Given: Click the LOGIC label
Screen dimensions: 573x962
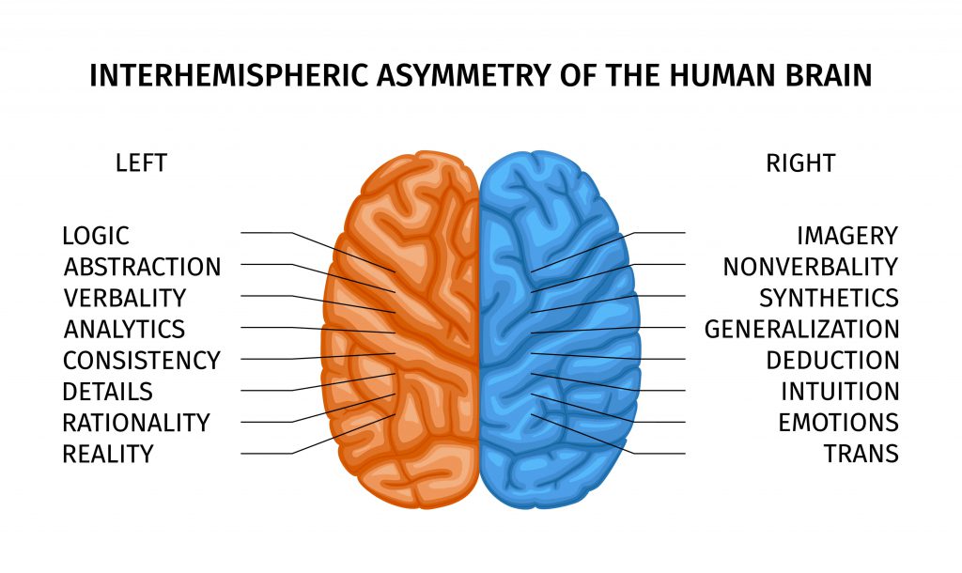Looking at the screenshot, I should pos(96,236).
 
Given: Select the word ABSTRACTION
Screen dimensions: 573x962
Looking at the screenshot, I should pos(142,267).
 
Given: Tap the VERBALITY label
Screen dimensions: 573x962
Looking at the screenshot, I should pos(125,299).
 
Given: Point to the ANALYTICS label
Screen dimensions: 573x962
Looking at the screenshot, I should pos(124,330).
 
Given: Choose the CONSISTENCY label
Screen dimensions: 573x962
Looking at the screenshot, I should pos(141,361).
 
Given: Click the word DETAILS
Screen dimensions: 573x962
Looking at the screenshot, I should pos(107,392).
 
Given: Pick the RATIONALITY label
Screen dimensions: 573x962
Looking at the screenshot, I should pos(136,423).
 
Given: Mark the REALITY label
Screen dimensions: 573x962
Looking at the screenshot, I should pos(107,455).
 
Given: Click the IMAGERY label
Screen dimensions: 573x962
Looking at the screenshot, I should pos(847,236).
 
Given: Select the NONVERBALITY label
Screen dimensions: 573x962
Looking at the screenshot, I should pos(810,267).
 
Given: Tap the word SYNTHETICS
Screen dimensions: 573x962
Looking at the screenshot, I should pos(829,299).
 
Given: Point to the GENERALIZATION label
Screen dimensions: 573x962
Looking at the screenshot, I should pos(801,330).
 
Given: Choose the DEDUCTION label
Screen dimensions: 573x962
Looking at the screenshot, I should pos(832,361).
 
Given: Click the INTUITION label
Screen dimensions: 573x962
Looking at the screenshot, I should pos(840,392).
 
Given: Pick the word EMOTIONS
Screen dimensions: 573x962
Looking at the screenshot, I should pos(838,423).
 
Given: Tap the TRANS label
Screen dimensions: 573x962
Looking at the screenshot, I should pos(861,455).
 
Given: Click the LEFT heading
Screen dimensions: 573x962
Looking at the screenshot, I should pos(141,163).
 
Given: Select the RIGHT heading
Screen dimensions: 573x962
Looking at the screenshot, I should pos(800,163).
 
